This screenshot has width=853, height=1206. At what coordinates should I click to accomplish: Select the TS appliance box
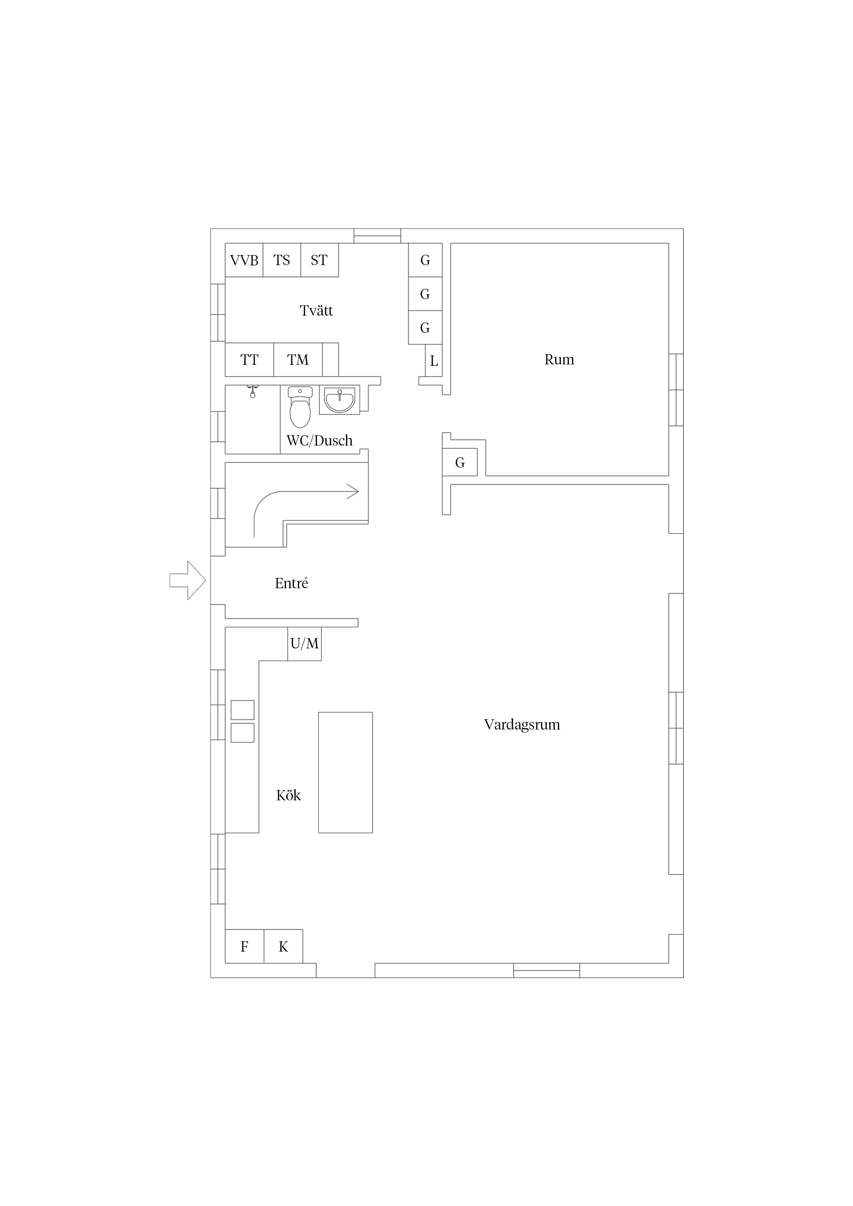282,260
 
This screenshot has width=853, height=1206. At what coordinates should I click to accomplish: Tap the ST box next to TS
320,260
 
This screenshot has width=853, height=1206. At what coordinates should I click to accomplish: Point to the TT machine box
250,360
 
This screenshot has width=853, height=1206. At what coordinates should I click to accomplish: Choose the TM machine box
298,360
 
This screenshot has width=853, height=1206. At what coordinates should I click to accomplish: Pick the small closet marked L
434,361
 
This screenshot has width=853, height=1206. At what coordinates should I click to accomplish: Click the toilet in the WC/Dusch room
300,407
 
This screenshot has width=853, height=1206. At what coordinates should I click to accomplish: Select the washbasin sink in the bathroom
339,400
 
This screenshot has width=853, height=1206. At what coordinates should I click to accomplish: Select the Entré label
291,583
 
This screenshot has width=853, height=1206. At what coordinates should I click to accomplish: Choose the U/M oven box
304,644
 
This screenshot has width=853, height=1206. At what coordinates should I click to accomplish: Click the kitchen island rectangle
345,773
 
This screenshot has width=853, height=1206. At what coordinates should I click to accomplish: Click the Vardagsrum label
522,725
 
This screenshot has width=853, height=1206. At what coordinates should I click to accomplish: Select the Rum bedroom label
559,360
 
